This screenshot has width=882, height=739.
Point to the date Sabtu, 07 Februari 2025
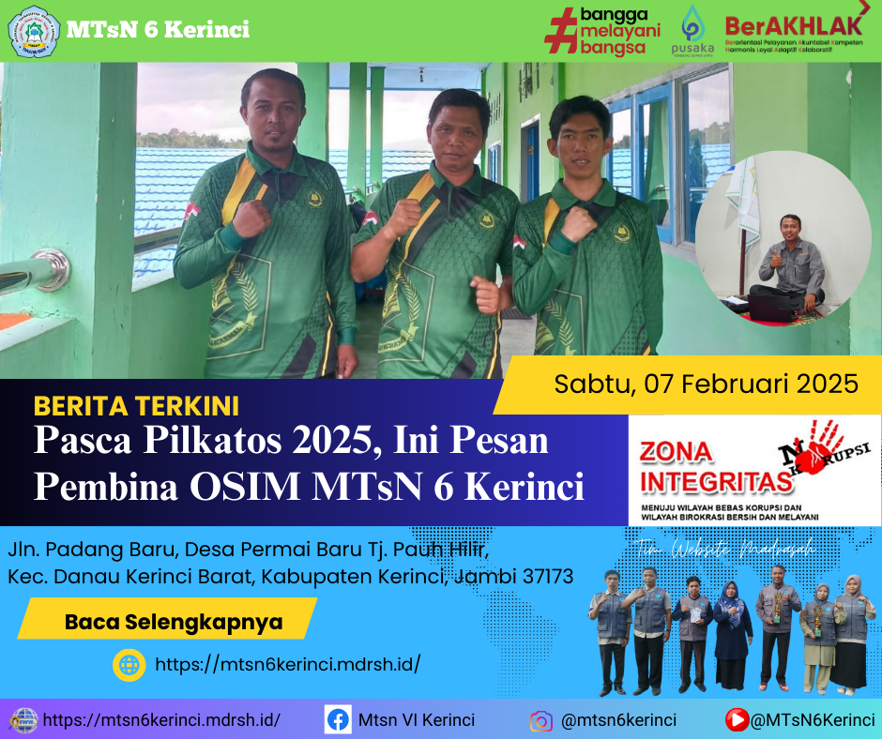tap(706, 384)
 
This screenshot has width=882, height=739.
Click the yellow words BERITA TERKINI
tap(136, 406)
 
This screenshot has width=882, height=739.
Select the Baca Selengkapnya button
tap(174, 621)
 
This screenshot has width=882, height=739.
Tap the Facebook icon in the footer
tap(338, 720)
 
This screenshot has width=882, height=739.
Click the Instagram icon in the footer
tap(540, 721)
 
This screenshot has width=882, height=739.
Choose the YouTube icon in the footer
tap(738, 720)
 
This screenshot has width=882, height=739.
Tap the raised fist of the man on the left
tap(251, 218)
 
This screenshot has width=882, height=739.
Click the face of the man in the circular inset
tap(790, 228)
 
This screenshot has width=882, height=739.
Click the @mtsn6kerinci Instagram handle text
tap(618, 720)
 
